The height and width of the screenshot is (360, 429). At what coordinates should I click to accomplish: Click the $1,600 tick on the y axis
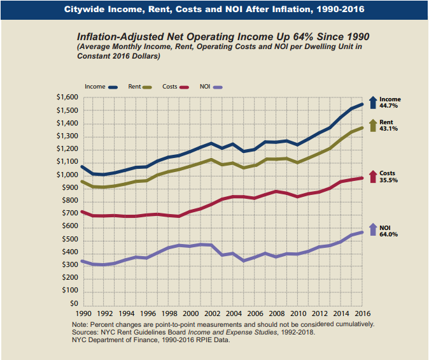click(67, 97)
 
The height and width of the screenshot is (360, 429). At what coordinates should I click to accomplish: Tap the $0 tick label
click(73, 304)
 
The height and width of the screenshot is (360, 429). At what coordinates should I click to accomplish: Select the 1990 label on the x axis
click(84, 313)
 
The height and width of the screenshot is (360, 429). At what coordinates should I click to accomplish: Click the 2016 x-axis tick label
click(362, 313)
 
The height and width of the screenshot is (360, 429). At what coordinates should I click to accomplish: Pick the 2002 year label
click(212, 313)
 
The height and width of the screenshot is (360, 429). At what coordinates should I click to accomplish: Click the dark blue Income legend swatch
click(114, 86)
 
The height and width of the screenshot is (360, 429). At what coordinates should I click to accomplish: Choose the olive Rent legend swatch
click(147, 86)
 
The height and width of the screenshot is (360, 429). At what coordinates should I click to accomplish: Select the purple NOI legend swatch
click(218, 86)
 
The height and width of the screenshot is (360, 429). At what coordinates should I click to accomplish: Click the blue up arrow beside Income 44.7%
click(374, 103)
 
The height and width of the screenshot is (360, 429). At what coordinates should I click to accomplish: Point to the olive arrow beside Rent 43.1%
click(374, 125)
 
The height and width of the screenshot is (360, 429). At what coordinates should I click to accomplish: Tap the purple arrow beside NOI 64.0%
click(374, 230)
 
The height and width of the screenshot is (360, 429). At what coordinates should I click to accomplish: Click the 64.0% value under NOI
click(388, 234)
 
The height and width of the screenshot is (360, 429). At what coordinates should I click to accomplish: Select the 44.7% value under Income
click(390, 106)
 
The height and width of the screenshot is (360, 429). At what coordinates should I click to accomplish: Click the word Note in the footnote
click(81, 324)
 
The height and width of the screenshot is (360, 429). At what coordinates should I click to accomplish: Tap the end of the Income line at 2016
click(362, 104)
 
